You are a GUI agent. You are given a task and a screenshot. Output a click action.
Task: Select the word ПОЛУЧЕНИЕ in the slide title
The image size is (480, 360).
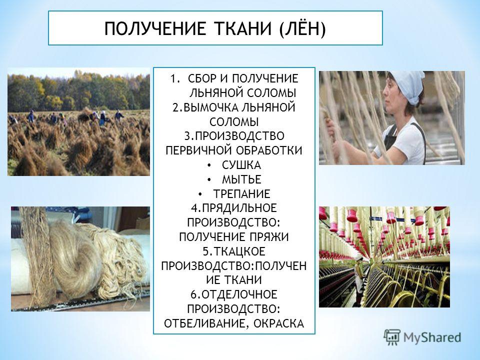tap(155, 29)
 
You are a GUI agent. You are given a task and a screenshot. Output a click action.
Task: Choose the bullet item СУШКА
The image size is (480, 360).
tap(241, 165)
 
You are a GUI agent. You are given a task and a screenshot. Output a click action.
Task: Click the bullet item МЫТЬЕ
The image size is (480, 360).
tap(241, 179)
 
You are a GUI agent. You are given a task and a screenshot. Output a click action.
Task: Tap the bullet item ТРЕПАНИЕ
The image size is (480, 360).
tap(241, 194)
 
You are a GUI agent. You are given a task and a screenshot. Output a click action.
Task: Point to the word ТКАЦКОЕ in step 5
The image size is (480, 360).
tap(239, 251)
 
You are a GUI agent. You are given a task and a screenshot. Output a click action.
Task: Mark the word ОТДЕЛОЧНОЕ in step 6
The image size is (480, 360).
tap(239, 294)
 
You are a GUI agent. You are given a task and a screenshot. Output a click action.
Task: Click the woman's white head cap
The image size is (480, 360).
tap(407, 85)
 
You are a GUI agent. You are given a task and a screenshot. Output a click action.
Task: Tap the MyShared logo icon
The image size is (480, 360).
tap(392, 337)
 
